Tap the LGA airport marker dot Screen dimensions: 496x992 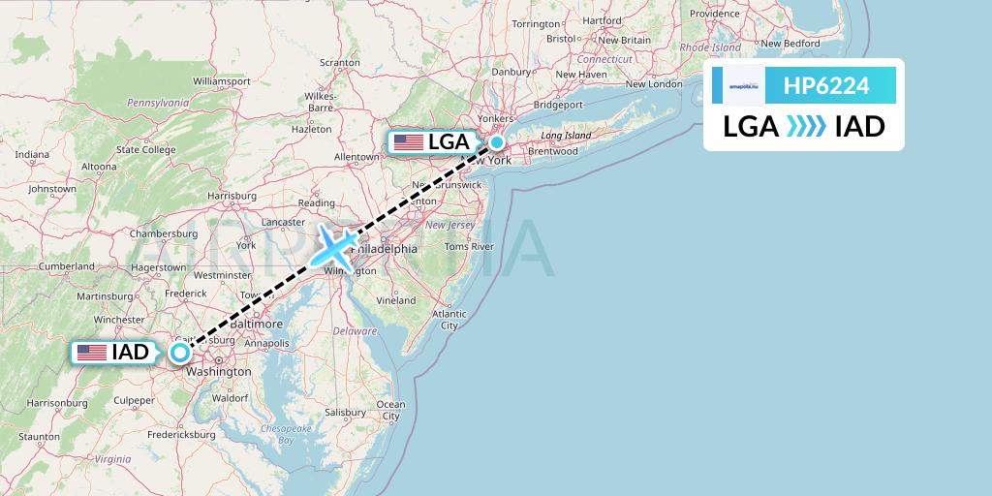point(497,142)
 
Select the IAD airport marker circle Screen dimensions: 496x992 point(179,353)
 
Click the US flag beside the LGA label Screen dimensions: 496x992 point(409,142)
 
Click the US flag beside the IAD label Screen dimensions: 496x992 point(92,353)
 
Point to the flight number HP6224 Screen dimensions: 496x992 point(826,86)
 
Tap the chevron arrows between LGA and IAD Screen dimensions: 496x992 point(806,127)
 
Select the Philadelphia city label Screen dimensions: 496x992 point(385,249)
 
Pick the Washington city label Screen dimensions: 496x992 point(219,371)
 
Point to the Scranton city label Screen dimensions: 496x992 point(340,63)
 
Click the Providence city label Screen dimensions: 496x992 point(715,14)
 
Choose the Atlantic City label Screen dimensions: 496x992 point(449,319)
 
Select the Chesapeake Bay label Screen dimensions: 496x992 point(279,433)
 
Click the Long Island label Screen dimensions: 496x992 point(565,136)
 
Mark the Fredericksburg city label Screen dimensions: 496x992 point(181,435)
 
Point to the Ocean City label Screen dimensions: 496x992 point(390,410)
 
